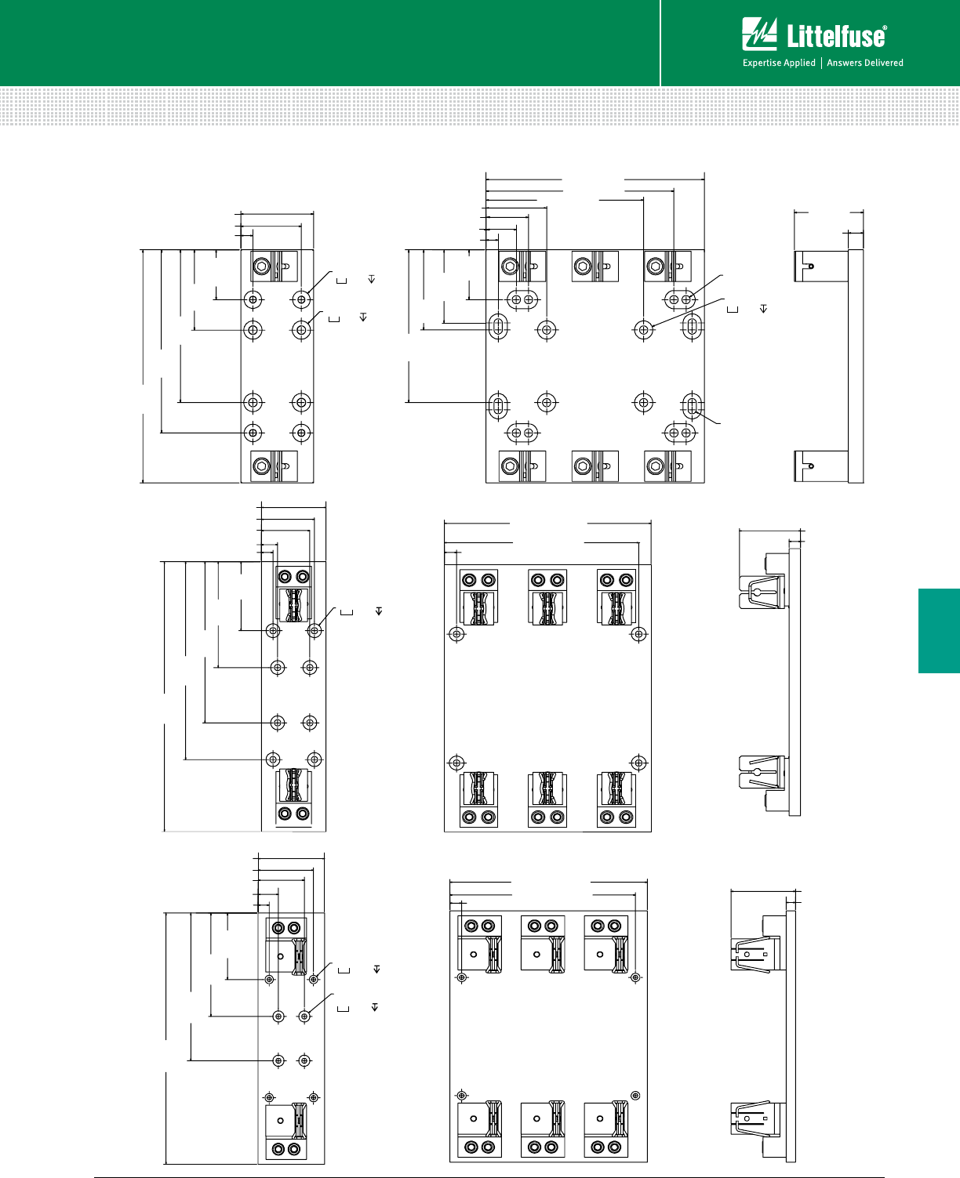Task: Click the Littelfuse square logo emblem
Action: tap(759, 34)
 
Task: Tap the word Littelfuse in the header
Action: tap(835, 37)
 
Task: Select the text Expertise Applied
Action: tap(779, 63)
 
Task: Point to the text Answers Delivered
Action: tap(865, 63)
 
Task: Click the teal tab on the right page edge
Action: tap(939, 630)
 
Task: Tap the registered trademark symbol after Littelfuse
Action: tap(884, 27)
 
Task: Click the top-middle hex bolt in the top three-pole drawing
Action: tap(582, 266)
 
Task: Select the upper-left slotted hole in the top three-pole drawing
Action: tap(499, 326)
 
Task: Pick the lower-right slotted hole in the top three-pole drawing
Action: tap(693, 406)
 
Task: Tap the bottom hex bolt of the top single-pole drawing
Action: tap(262, 466)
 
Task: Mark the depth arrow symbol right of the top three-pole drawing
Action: tap(764, 309)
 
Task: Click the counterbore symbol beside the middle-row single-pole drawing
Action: tap(347, 612)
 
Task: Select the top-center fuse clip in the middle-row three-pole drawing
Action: tap(547, 597)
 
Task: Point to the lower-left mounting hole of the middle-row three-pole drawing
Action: tap(456, 763)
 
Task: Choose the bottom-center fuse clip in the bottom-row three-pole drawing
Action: tap(543, 1128)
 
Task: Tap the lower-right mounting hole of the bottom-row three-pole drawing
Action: tap(636, 1096)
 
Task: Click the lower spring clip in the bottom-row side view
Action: tap(755, 1118)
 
